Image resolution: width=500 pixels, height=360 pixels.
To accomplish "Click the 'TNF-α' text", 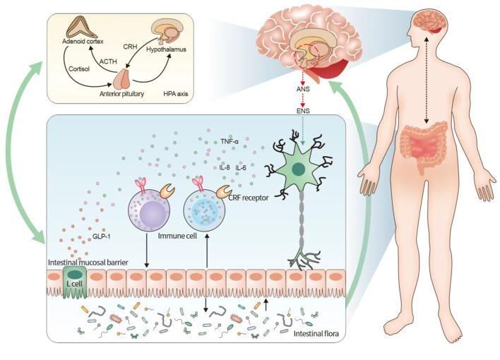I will [x=230, y=140].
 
